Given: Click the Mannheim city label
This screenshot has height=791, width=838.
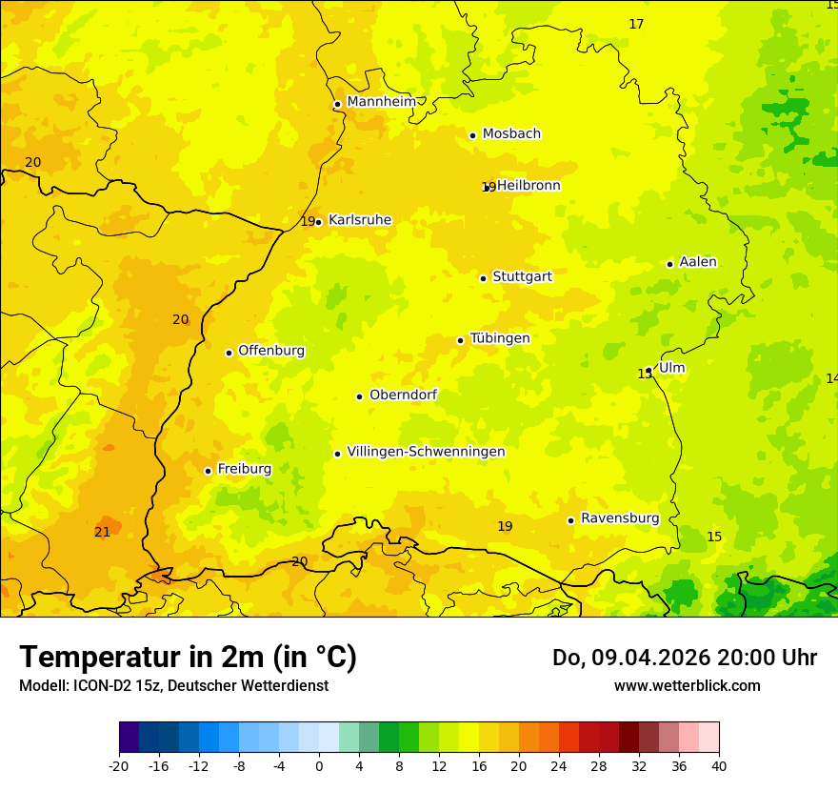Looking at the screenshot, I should tap(381, 102).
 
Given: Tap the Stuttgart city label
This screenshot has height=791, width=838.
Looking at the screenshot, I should tap(522, 276).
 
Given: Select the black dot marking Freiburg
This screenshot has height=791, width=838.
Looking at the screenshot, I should tap(208, 471).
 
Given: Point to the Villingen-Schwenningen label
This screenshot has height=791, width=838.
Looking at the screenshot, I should tap(426, 452).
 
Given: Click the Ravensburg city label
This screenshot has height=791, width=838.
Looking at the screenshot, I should tap(620, 518).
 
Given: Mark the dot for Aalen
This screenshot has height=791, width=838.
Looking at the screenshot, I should tap(669, 264).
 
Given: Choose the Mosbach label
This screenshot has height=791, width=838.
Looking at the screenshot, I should tap(511, 133).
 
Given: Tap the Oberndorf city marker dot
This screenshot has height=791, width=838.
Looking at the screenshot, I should tap(359, 396).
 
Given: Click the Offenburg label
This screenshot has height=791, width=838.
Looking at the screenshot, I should tap(271, 351).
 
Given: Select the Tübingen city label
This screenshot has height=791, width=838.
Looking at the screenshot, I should tap(500, 338).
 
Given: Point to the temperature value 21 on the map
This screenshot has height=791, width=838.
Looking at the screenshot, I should tap(102, 532).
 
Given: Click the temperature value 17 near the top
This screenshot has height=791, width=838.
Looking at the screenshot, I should tap(636, 24).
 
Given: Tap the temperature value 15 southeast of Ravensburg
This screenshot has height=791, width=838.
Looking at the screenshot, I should tap(714, 537).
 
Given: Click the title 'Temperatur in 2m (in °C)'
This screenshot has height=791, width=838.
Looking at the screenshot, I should tap(188, 658).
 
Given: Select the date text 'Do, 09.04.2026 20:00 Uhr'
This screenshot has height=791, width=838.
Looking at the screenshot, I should tap(684, 658).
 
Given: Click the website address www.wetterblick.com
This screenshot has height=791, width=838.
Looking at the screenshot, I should tap(687, 686).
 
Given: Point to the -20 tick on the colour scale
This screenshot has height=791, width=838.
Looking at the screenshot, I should tap(119, 765).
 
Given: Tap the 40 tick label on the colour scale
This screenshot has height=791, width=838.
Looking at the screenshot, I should tap(718, 765).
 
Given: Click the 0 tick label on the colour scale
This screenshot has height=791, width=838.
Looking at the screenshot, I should tap(319, 765).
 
